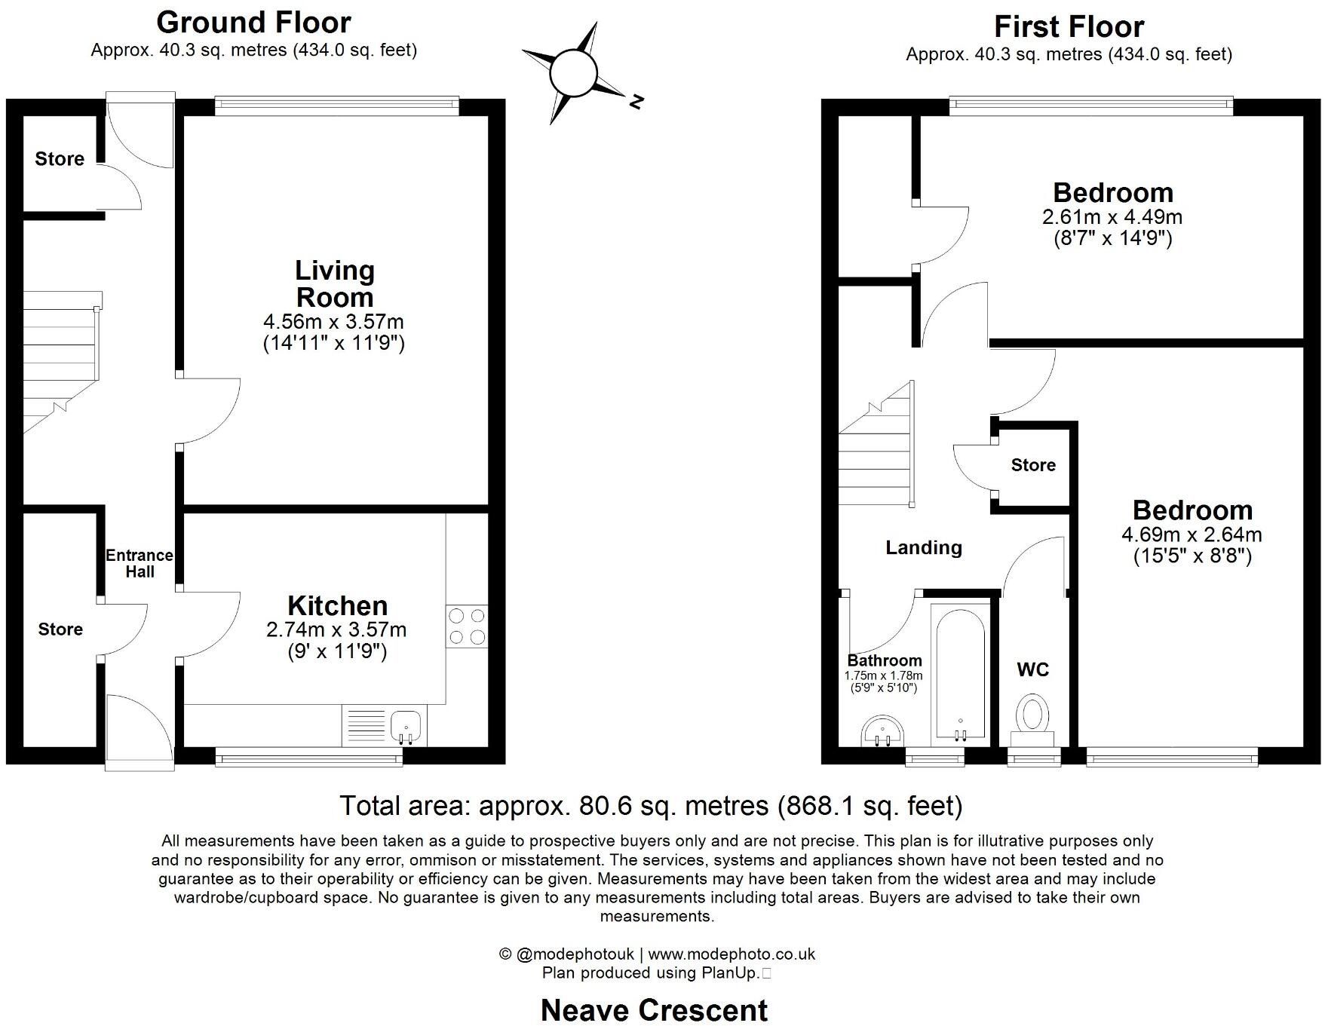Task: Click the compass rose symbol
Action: click(574, 73)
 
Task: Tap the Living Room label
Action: click(334, 283)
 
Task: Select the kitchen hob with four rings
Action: click(466, 626)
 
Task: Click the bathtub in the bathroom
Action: click(960, 672)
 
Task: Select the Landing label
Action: click(923, 547)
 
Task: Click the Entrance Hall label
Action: click(139, 563)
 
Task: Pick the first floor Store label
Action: click(1032, 465)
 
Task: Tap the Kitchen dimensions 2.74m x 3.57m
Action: click(336, 629)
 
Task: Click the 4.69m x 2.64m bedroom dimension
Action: click(1192, 535)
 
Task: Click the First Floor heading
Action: click(1069, 26)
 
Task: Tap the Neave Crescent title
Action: click(654, 1010)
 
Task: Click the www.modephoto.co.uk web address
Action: click(731, 954)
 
